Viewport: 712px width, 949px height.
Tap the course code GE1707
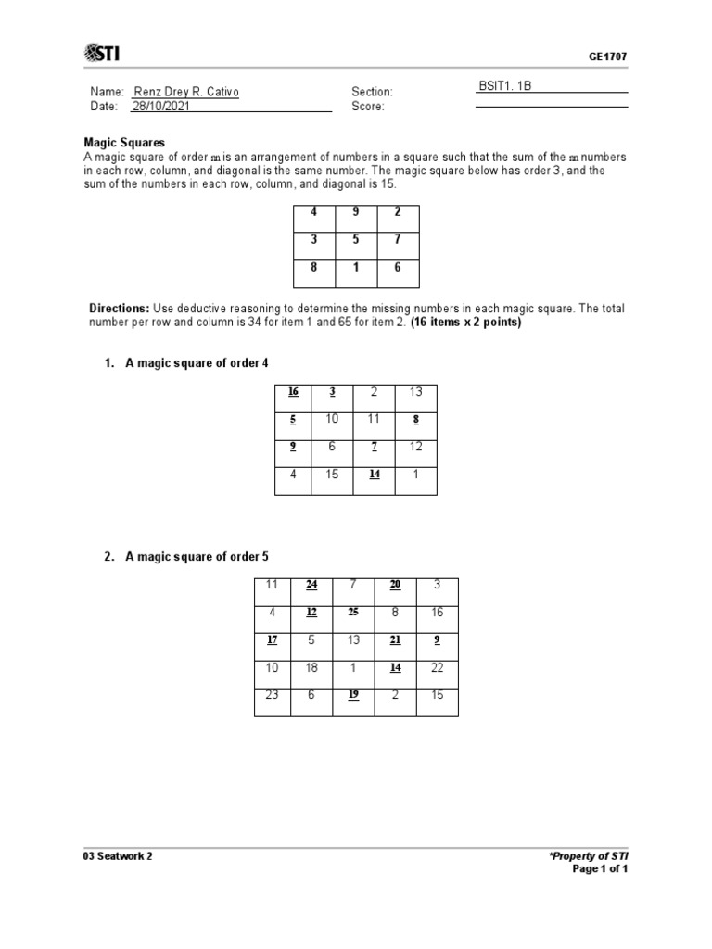(x=607, y=57)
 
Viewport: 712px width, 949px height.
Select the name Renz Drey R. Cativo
(x=192, y=92)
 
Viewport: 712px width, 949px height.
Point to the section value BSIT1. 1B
(x=505, y=85)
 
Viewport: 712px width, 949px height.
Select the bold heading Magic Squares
(x=124, y=143)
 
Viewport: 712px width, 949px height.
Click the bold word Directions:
(x=119, y=308)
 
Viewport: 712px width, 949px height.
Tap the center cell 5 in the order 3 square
(x=356, y=241)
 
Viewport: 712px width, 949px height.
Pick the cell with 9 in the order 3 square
(x=356, y=211)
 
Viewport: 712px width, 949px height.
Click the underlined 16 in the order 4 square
(x=293, y=392)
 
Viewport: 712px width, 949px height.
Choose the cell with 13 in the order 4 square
(x=415, y=392)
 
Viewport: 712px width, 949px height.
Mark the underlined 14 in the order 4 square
(x=375, y=474)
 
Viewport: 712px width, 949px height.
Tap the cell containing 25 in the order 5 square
(x=353, y=613)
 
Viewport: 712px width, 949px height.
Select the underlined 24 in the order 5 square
(x=312, y=585)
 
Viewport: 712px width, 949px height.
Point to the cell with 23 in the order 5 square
(x=272, y=696)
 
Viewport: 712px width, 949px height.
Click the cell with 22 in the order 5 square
(x=437, y=668)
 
